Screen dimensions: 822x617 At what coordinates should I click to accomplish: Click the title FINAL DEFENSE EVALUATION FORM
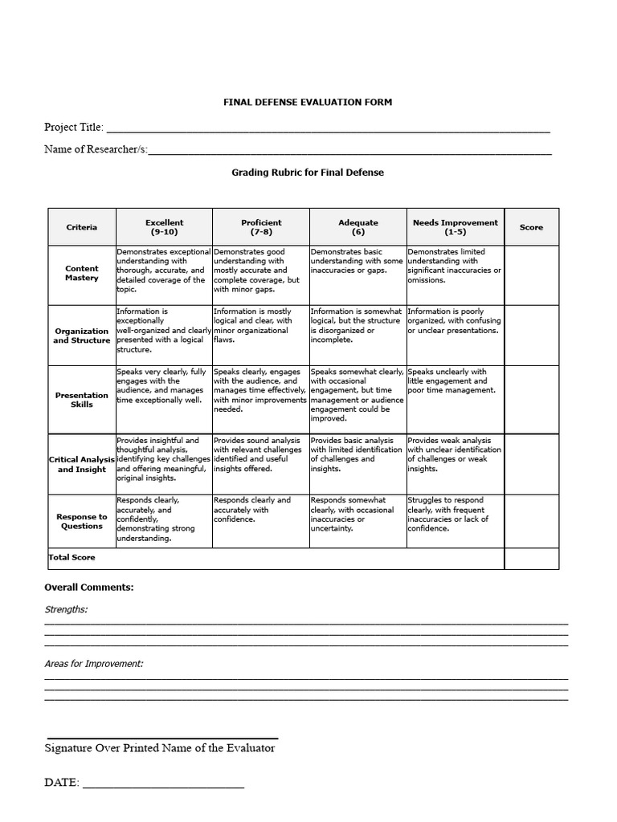308,102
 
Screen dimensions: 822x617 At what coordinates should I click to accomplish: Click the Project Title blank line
328,128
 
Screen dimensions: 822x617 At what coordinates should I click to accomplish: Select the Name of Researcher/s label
96,149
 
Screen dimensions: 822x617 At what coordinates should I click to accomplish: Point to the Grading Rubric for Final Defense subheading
308,173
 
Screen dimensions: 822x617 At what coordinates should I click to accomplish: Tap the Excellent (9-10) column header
164,227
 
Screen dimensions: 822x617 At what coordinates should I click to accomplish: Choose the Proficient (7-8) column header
261,227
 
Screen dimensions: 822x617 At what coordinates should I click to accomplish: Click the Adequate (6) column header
358,227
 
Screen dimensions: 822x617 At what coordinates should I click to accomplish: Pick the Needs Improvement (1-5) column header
455,227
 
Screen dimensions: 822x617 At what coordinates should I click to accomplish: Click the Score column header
531,227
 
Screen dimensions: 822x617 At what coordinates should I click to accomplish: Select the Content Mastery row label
82,274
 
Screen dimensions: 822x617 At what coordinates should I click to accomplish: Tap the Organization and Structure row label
82,336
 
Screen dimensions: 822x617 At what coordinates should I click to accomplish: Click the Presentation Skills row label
82,400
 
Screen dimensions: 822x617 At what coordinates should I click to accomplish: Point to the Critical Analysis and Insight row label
82,464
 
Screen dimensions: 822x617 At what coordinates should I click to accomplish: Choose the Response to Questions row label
82,522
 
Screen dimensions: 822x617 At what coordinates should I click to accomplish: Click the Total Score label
72,557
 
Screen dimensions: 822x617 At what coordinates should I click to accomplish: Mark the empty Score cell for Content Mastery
531,275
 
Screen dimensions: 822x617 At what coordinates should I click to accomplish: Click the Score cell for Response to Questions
531,521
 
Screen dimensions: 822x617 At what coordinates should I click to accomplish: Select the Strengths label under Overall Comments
66,609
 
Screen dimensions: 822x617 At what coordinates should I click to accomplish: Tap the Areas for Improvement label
94,664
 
